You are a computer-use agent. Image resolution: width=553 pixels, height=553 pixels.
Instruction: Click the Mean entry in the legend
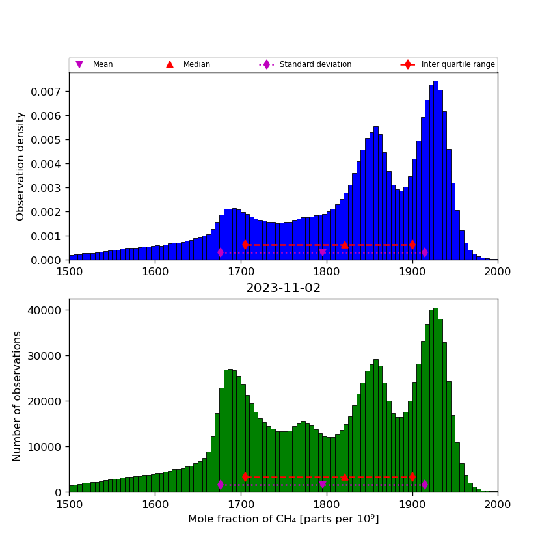click(x=102, y=64)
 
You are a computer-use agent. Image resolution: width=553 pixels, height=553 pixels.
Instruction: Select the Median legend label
click(x=196, y=64)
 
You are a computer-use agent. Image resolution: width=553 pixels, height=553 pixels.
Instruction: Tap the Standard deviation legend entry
click(x=315, y=64)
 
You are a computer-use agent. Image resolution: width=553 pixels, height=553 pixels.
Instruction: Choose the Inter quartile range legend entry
click(x=457, y=64)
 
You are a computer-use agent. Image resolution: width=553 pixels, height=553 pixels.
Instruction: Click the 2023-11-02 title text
click(x=283, y=288)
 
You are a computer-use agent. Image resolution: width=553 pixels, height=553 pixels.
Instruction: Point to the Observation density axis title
click(x=20, y=166)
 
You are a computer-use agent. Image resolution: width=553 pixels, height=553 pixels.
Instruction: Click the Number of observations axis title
click(x=18, y=396)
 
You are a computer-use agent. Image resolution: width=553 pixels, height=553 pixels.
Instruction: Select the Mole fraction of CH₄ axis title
click(x=283, y=519)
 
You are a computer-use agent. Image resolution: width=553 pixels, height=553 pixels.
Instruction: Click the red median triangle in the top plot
click(x=345, y=245)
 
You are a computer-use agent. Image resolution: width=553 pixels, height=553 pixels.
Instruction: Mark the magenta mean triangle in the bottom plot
click(x=323, y=485)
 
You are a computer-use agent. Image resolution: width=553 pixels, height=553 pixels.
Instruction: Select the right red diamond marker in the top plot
click(x=412, y=245)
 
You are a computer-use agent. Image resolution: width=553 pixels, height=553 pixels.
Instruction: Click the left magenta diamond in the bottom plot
click(x=221, y=485)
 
